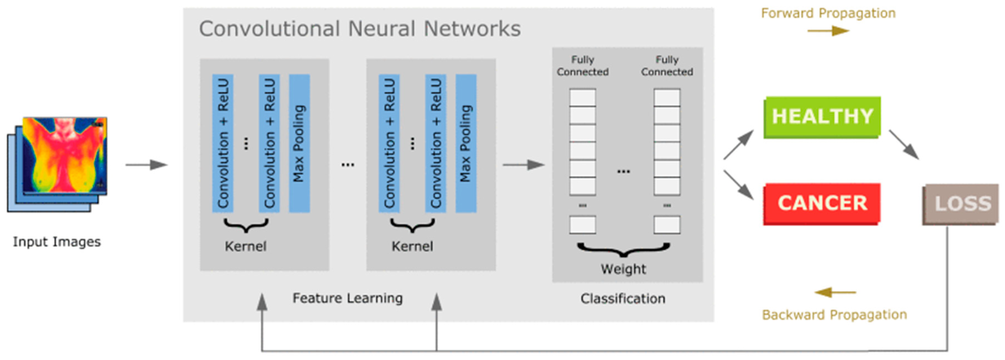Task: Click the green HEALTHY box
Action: pyautogui.click(x=822, y=117)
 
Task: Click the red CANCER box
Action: pyautogui.click(x=822, y=204)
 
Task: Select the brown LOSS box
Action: pyautogui.click(x=960, y=204)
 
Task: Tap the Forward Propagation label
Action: pyautogui.click(x=828, y=13)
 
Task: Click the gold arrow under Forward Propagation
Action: pyautogui.click(x=828, y=31)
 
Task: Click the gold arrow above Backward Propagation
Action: pyautogui.click(x=835, y=292)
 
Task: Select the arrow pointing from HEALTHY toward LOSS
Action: pyautogui.click(x=904, y=145)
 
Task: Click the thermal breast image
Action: pyautogui.click(x=65, y=155)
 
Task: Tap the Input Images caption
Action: pyautogui.click(x=57, y=242)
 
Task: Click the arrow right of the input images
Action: pyautogui.click(x=146, y=165)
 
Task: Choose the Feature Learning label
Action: pyautogui.click(x=348, y=298)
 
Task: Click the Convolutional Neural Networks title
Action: pyautogui.click(x=360, y=29)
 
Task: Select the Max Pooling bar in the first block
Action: pyautogui.click(x=299, y=144)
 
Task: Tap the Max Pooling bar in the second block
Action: pyautogui.click(x=466, y=144)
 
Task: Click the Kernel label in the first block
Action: pyautogui.click(x=245, y=247)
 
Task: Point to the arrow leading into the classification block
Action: pyautogui.click(x=524, y=165)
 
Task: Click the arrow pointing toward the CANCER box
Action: pyautogui.click(x=739, y=185)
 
